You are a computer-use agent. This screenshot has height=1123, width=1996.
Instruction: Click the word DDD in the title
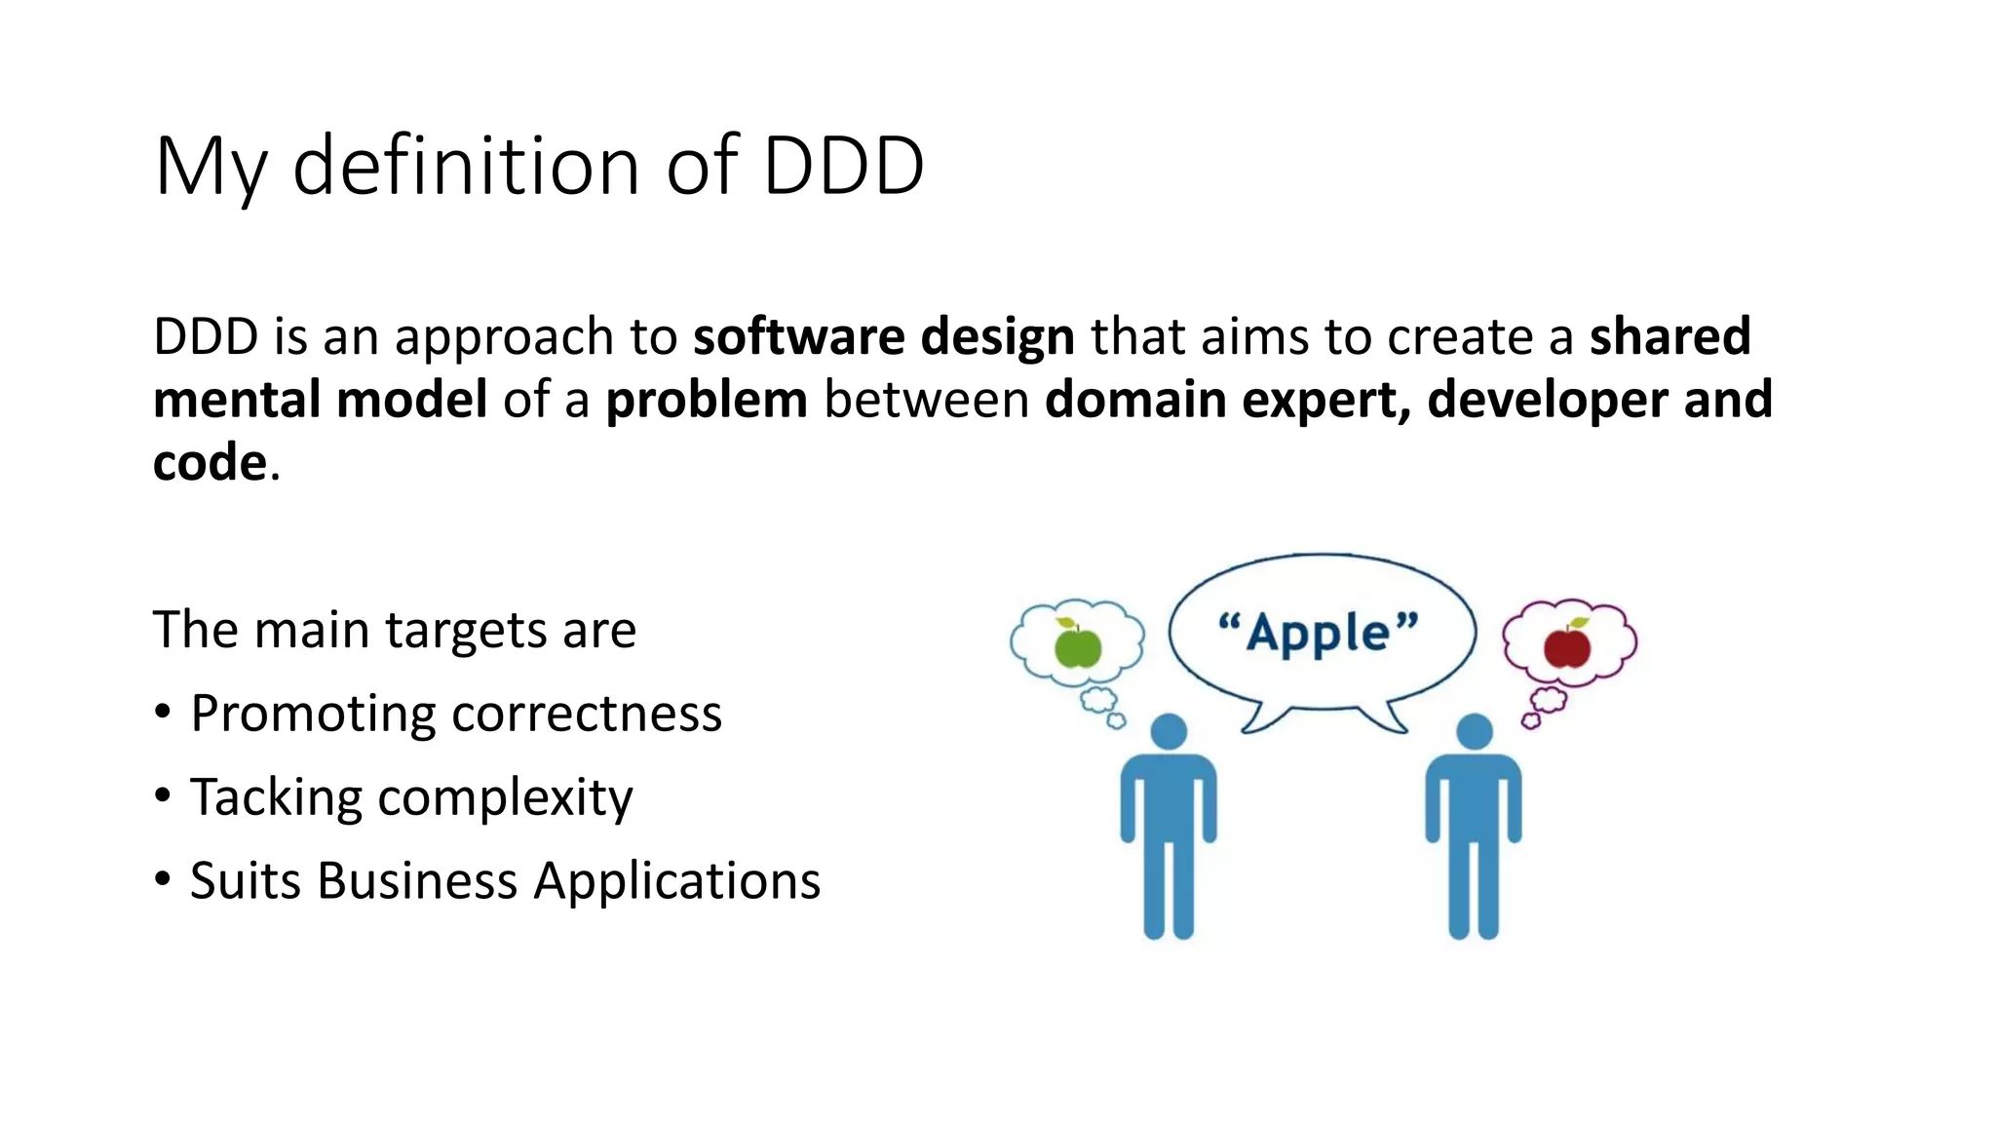tap(843, 166)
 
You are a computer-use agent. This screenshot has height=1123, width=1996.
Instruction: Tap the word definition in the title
tap(466, 166)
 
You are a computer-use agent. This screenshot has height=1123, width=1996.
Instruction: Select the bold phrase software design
tap(883, 336)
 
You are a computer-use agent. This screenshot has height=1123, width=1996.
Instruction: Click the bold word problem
tap(707, 400)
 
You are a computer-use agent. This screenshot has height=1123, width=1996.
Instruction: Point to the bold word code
tap(210, 462)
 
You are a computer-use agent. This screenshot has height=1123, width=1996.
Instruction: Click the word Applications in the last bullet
tap(676, 881)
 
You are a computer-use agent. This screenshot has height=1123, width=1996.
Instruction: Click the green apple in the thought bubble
tap(1078, 645)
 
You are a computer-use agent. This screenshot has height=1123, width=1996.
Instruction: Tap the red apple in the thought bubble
tap(1567, 645)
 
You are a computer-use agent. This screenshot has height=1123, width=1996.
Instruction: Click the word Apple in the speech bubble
tap(1319, 634)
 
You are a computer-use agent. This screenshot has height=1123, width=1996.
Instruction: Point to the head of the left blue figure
tap(1169, 731)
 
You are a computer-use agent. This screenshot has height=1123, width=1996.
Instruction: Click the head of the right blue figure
tap(1474, 731)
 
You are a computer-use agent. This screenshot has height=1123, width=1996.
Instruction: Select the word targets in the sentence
tap(466, 631)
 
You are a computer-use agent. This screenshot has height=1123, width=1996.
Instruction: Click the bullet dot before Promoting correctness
tap(163, 713)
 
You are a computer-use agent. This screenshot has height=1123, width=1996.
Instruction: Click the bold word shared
tap(1670, 336)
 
